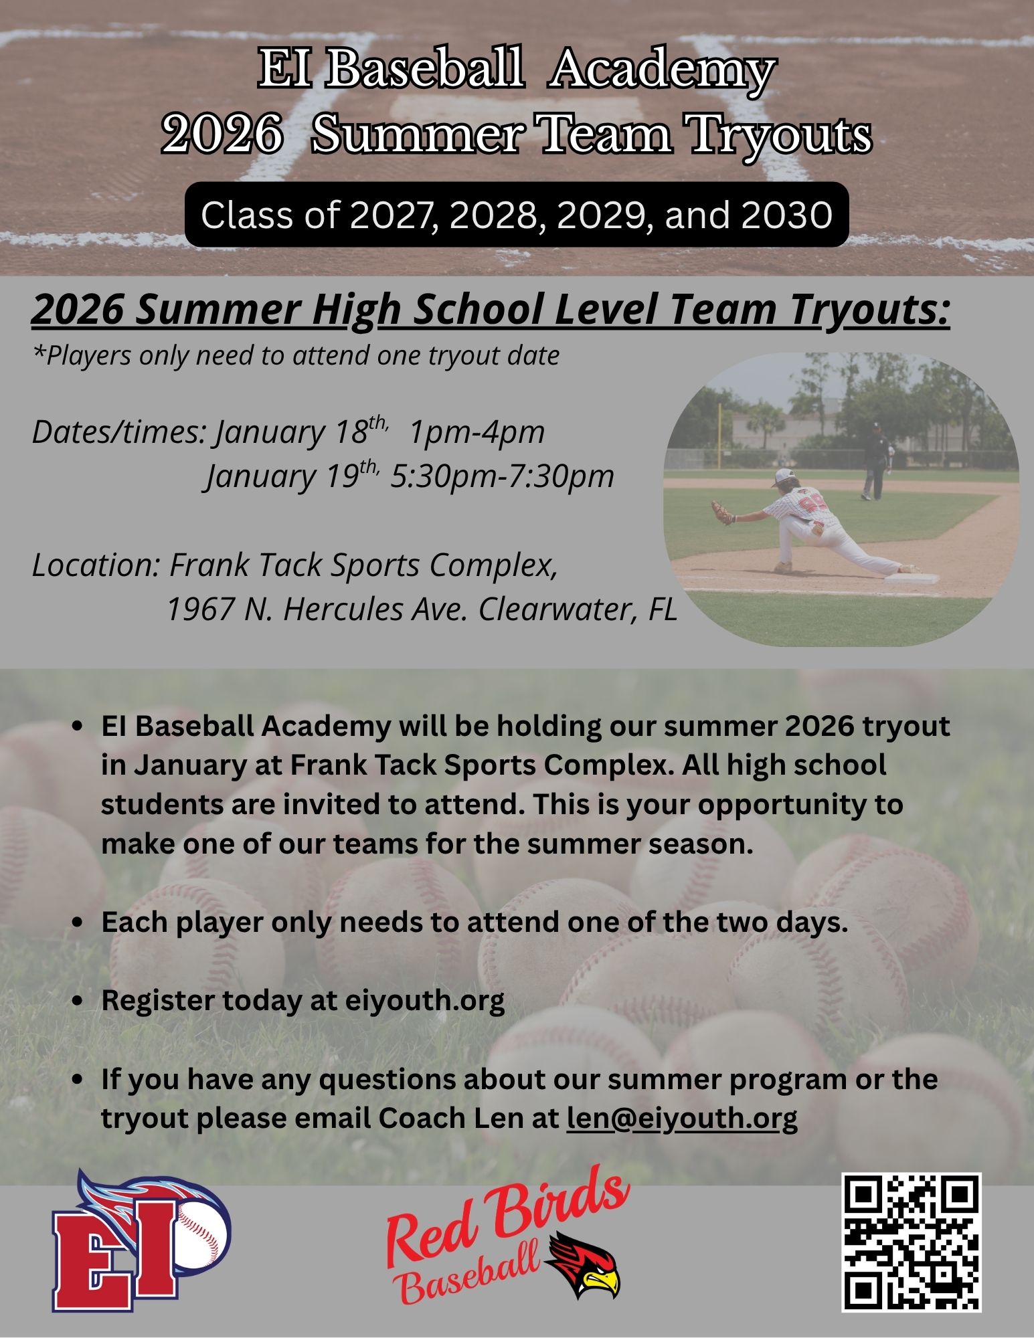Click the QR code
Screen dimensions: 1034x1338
(911, 1242)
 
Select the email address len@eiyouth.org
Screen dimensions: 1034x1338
(682, 1119)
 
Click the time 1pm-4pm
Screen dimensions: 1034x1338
(477, 432)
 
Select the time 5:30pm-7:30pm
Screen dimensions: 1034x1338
(503, 476)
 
